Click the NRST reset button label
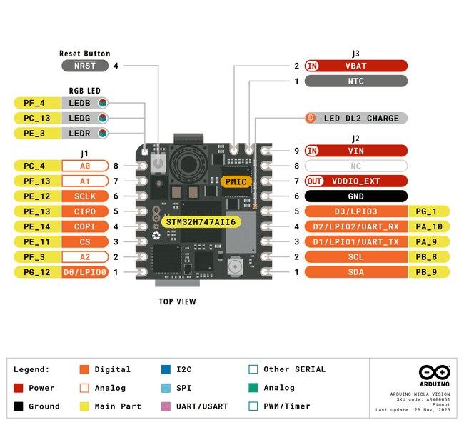84,66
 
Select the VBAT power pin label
355,66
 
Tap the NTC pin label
355,81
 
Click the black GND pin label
355,196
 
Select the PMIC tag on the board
236,181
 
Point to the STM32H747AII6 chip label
201,222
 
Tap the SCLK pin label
84,196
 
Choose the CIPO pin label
84,211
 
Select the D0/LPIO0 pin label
84,272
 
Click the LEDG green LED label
86,118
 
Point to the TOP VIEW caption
177,301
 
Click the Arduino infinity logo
433,373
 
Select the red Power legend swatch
19,388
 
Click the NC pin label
355,166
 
